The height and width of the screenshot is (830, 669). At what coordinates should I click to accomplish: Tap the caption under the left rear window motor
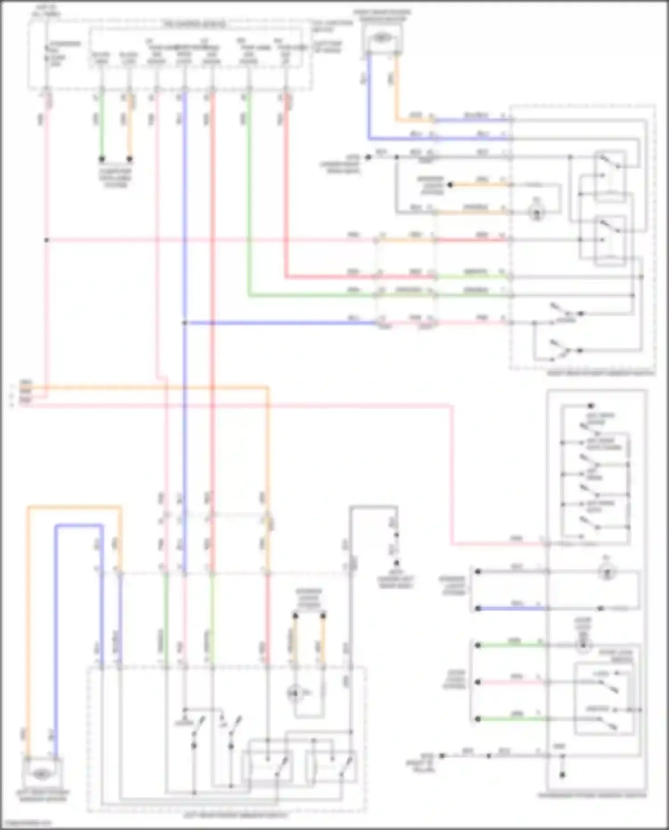click(x=42, y=795)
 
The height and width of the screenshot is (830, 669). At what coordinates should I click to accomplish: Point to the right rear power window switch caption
click(x=601, y=373)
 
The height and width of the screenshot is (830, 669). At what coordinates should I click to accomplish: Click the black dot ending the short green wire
click(x=102, y=159)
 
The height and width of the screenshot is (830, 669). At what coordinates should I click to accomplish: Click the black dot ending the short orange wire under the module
click(x=130, y=159)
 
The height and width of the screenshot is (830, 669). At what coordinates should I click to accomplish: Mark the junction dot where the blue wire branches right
click(x=184, y=322)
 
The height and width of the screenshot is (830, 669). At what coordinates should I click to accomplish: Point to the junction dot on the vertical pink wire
click(x=46, y=240)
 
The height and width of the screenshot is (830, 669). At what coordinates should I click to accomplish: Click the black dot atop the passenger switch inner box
click(x=591, y=406)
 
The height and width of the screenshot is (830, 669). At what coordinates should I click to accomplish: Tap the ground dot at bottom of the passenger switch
click(x=562, y=775)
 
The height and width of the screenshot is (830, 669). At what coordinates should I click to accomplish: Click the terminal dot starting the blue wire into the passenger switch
click(x=477, y=608)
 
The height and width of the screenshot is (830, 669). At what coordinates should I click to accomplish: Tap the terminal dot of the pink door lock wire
click(x=477, y=682)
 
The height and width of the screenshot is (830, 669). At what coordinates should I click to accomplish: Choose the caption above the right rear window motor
click(x=382, y=15)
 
